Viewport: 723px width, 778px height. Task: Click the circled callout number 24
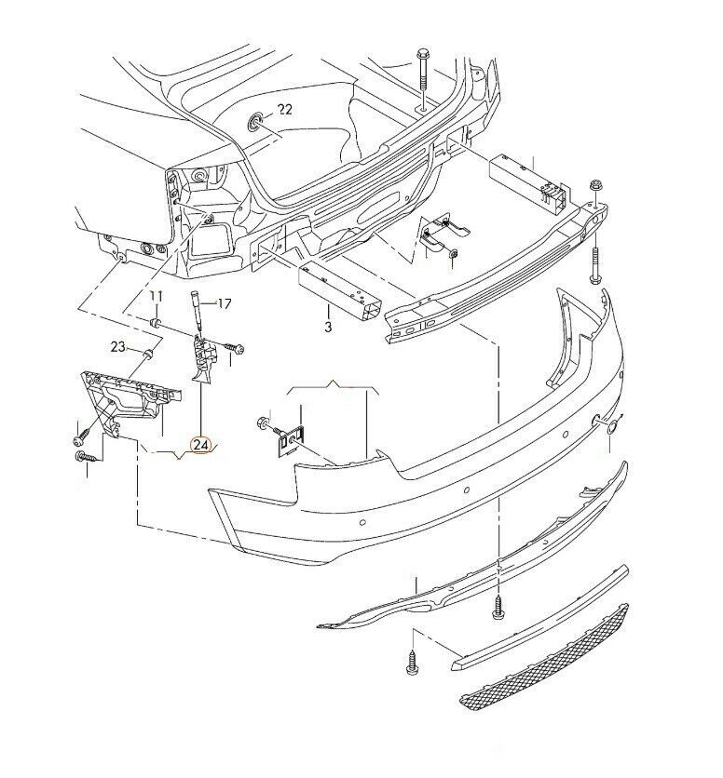pyautogui.click(x=202, y=445)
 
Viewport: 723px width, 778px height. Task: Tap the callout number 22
pyautogui.click(x=285, y=109)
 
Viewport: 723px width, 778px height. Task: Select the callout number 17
pyautogui.click(x=225, y=303)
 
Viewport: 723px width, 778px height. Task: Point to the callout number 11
pyautogui.click(x=156, y=297)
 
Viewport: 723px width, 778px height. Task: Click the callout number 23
pyautogui.click(x=117, y=346)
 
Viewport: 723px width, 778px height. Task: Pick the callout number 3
pyautogui.click(x=328, y=327)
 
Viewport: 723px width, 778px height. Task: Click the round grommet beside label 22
pyautogui.click(x=256, y=122)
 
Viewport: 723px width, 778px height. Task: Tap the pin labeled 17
pyautogui.click(x=197, y=311)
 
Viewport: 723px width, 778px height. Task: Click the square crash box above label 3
pyautogui.click(x=340, y=294)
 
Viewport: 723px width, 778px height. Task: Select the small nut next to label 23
pyautogui.click(x=148, y=354)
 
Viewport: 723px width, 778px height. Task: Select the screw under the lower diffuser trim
pyautogui.click(x=498, y=608)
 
